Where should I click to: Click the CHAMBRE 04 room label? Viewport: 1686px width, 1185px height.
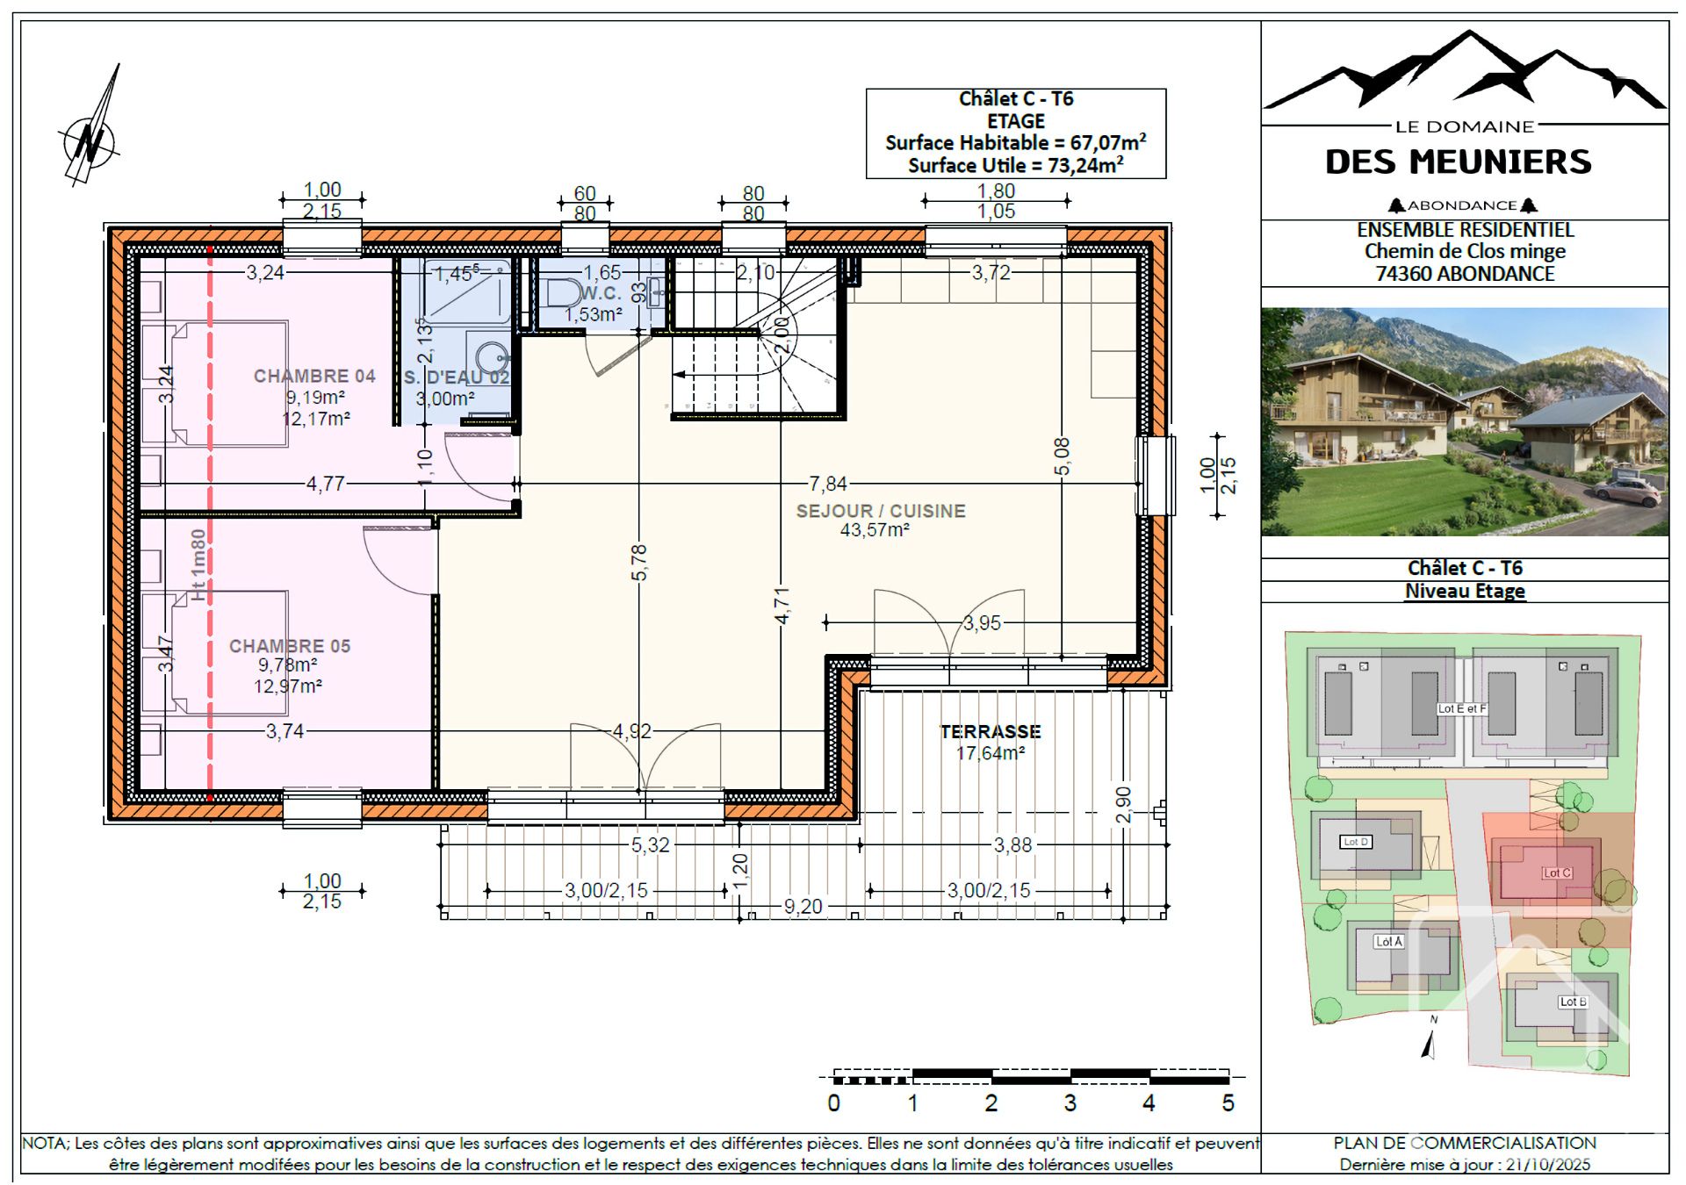tap(314, 377)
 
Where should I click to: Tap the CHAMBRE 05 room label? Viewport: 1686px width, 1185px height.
tap(290, 646)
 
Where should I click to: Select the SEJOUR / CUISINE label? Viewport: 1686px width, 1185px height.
tap(881, 511)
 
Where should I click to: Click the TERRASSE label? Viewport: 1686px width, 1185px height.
tap(991, 731)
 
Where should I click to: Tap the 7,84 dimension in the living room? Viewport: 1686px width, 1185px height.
tap(828, 484)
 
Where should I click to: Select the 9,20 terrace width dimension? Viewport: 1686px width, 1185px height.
tap(803, 906)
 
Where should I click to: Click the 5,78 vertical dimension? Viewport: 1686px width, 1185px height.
tap(639, 562)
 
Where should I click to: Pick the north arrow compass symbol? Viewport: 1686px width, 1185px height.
tap(91, 132)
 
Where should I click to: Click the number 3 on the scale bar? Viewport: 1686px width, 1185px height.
tap(1070, 1103)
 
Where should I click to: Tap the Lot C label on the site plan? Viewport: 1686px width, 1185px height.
tap(1557, 873)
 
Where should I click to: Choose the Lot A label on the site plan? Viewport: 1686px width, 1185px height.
tap(1388, 941)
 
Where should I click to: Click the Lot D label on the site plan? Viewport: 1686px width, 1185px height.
tap(1356, 842)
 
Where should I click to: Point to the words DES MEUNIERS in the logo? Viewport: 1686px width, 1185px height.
tap(1458, 162)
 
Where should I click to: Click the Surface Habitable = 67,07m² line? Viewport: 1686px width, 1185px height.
tap(1015, 142)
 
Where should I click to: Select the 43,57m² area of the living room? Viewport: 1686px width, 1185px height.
tap(875, 530)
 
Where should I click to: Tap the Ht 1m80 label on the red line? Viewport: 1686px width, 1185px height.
tap(198, 565)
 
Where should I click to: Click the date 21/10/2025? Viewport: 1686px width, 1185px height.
tap(1548, 1165)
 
